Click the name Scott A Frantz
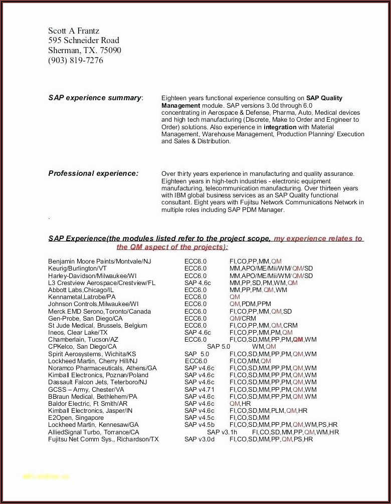click(74, 31)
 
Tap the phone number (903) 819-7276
click(76, 60)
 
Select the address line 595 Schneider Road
click(84, 41)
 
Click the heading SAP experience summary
click(95, 98)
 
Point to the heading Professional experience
click(93, 173)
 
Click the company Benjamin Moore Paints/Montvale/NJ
click(99, 262)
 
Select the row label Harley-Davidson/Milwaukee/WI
click(92, 276)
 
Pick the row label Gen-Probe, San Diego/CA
click(85, 318)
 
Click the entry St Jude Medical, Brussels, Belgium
click(98, 325)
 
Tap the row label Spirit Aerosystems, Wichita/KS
click(92, 354)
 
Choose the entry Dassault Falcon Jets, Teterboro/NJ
click(98, 382)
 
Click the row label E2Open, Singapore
click(76, 418)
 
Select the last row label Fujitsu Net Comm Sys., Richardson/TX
click(103, 439)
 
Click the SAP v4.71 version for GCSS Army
click(199, 389)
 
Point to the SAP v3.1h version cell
click(222, 432)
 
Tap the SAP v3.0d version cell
click(199, 439)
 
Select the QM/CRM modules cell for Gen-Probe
click(243, 318)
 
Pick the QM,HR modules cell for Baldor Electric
click(240, 403)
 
